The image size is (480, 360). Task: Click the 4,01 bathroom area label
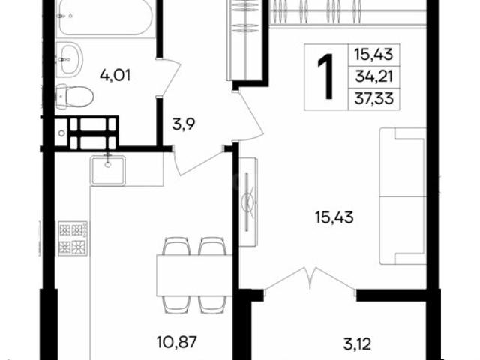click(115, 75)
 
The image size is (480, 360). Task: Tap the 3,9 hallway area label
click(184, 124)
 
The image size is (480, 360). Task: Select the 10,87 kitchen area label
click(176, 342)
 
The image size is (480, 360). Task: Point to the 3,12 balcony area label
click(357, 343)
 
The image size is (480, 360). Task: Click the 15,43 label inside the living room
click(334, 217)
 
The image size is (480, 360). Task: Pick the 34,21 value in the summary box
click(373, 76)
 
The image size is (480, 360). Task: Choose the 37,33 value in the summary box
click(373, 98)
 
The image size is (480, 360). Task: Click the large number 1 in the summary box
click(325, 76)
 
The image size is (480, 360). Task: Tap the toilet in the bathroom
click(75, 97)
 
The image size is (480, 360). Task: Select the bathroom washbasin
click(69, 60)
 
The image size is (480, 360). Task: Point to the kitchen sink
click(107, 170)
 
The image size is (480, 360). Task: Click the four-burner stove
click(73, 238)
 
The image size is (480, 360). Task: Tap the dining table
click(194, 275)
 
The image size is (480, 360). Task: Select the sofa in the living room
click(403, 196)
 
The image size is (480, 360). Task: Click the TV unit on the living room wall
click(248, 202)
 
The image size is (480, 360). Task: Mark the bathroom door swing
click(168, 77)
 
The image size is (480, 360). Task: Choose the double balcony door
click(310, 278)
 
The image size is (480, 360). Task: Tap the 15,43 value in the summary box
click(373, 55)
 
